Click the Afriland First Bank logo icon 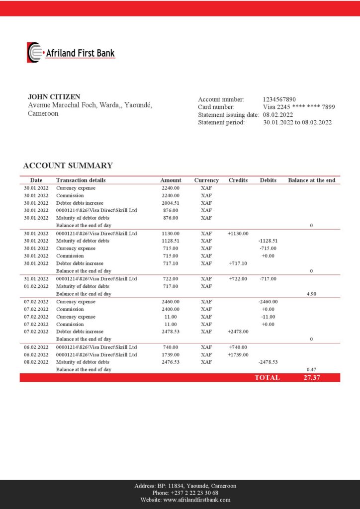click(34, 52)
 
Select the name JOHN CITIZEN click(54, 97)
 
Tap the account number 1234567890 click(279, 99)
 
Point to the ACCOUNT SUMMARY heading click(68, 166)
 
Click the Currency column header click(206, 180)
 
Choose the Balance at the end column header click(311, 180)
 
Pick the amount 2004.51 click(171, 203)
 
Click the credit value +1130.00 click(238, 233)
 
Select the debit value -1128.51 click(268, 241)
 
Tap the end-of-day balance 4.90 click(311, 294)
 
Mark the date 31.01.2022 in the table click(36, 278)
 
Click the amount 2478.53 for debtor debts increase click(171, 332)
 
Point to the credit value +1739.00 click(238, 354)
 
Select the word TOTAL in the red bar click(267, 378)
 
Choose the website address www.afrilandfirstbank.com click(196, 500)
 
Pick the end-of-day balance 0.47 click(311, 369)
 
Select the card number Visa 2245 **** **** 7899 click(299, 107)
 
